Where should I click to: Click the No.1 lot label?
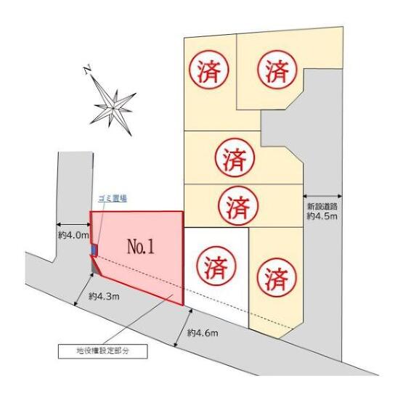141,247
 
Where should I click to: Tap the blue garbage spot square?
94,250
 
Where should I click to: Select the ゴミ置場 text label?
113,199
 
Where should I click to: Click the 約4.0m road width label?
73,235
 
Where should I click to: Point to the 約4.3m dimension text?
104,297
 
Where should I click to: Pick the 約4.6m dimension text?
203,333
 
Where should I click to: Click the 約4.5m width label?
322,216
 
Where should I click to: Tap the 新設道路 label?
322,206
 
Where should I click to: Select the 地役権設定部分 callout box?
103,351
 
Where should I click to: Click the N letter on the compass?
88,70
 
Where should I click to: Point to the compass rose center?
113,108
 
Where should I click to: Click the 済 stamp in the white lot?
216,266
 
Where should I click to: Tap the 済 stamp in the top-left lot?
209,70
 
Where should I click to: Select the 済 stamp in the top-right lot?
277,70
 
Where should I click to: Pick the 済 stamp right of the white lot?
276,278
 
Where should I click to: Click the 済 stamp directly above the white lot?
238,205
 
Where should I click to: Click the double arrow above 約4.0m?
73,225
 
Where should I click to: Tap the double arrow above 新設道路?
322,196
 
